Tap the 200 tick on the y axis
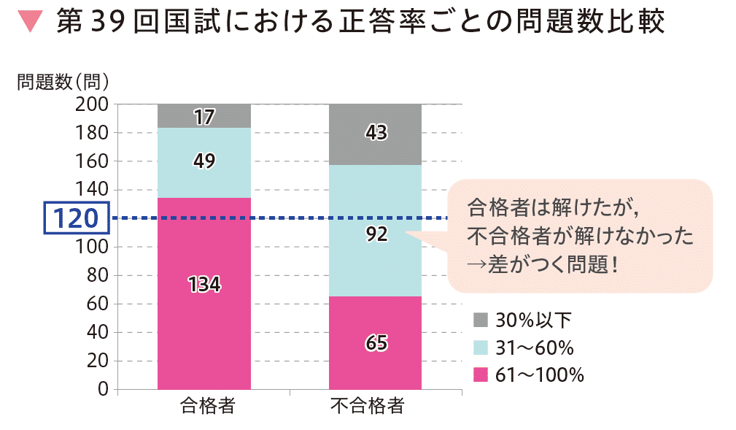(91, 104)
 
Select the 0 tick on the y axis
(103, 389)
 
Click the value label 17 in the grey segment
(204, 116)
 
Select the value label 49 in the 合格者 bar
(204, 162)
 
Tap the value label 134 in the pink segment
(204, 285)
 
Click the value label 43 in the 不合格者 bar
(376, 134)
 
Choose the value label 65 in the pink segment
(376, 342)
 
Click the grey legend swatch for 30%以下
(480, 320)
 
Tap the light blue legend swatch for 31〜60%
(480, 348)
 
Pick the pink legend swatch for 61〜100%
(480, 375)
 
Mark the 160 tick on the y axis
(91, 161)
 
